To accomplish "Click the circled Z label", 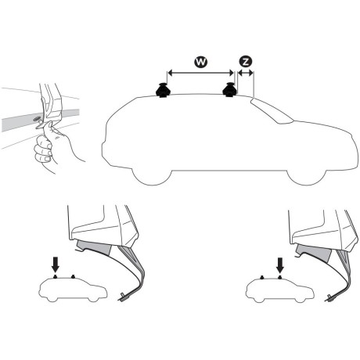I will point(246,61).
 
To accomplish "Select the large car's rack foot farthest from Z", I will point(165,92).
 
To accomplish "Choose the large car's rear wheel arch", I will point(149,169).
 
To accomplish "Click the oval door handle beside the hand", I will point(36,120).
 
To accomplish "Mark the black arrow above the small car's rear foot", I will point(55,264).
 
